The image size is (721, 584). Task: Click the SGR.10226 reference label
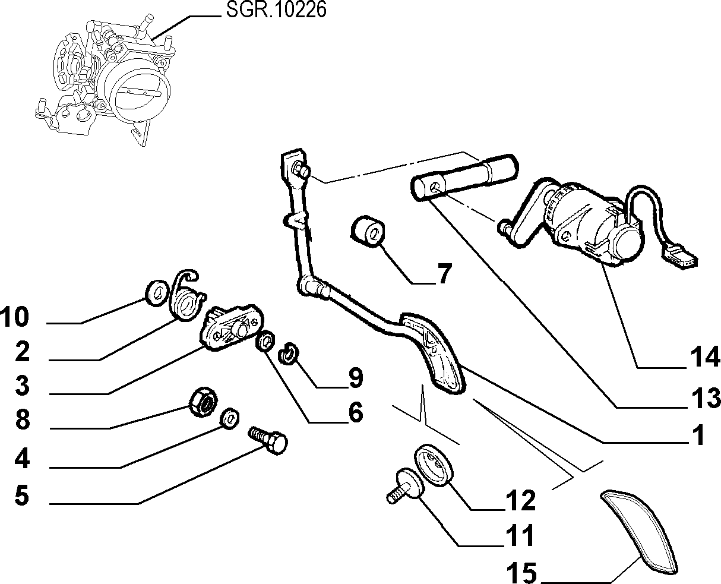276,10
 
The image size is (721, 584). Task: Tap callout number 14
706,357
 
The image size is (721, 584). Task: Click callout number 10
15,317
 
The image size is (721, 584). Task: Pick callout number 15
521,572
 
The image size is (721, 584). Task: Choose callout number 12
521,500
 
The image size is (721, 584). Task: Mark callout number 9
356,377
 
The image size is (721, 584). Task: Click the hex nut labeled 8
203,402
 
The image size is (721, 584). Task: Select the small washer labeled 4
230,418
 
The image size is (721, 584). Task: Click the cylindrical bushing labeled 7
367,230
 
